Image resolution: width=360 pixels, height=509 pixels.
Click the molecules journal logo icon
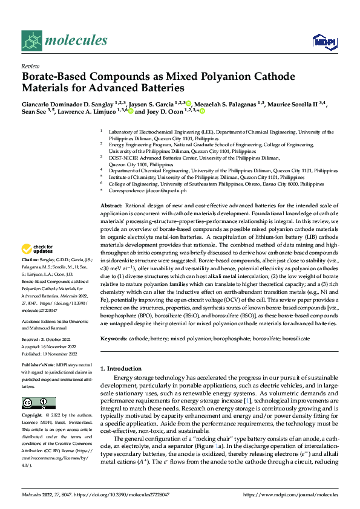point(31,41)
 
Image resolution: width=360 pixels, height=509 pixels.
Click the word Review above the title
point(29,66)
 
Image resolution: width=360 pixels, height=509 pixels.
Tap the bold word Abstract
point(112,207)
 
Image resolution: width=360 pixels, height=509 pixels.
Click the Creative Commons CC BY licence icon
point(38,403)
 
